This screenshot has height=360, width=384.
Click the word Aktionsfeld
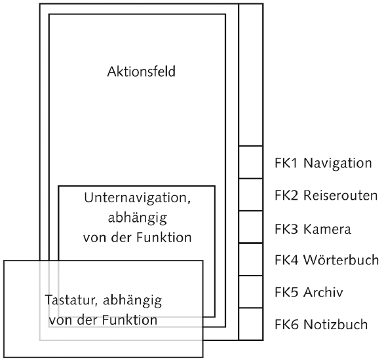pyautogui.click(x=142, y=71)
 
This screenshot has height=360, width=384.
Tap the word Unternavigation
pyautogui.click(x=136, y=198)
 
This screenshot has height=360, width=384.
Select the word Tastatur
pyautogui.click(x=69, y=300)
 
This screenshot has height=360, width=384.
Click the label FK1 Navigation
pyautogui.click(x=323, y=163)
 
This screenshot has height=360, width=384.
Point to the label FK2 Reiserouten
pyautogui.click(x=326, y=196)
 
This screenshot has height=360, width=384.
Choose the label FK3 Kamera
pyautogui.click(x=313, y=229)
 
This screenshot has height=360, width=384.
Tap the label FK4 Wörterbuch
pyautogui.click(x=327, y=259)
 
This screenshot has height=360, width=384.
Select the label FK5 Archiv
pyautogui.click(x=309, y=292)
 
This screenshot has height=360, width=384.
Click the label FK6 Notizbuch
pyautogui.click(x=321, y=325)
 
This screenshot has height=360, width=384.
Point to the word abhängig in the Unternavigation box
pyautogui.click(x=138, y=218)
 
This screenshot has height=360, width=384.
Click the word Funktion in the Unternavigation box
pyautogui.click(x=164, y=238)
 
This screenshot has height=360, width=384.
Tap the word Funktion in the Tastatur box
pyautogui.click(x=130, y=320)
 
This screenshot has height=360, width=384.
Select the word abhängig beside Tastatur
pyautogui.click(x=132, y=300)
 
